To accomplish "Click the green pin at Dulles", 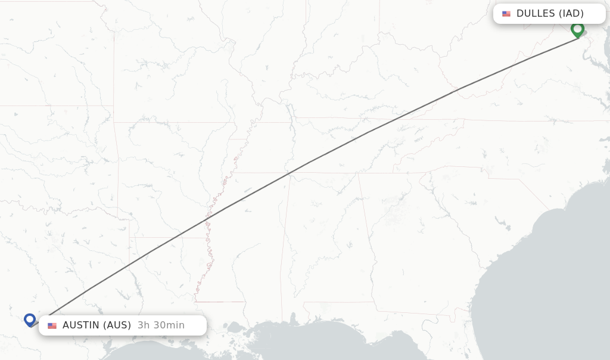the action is pyautogui.click(x=577, y=29).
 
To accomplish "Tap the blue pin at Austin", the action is pyautogui.click(x=30, y=319).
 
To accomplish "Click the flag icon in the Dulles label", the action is pyautogui.click(x=506, y=14).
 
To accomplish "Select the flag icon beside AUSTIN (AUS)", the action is pyautogui.click(x=52, y=325).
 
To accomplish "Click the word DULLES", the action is pyautogui.click(x=536, y=14).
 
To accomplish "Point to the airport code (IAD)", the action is pyautogui.click(x=571, y=14).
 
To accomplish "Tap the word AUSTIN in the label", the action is pyautogui.click(x=81, y=325).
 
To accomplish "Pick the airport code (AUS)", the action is pyautogui.click(x=117, y=325).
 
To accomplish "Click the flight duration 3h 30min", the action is pyautogui.click(x=161, y=325).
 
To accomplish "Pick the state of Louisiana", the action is pyautogui.click(x=167, y=280).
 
